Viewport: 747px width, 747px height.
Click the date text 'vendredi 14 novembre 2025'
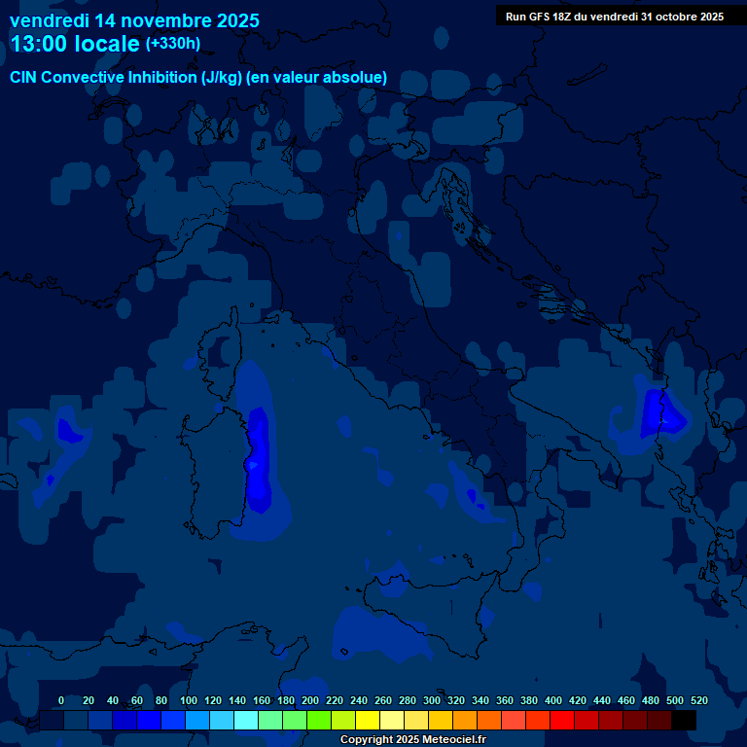pos(134,20)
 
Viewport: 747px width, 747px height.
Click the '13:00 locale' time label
pos(75,44)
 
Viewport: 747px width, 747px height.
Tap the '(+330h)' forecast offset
pos(173,43)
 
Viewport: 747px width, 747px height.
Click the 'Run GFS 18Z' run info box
pos(615,16)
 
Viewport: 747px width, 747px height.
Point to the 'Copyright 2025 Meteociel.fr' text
pos(412,739)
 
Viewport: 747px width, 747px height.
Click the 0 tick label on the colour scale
pos(61,700)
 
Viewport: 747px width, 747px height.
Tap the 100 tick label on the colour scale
pos(189,700)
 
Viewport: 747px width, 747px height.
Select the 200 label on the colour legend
pos(310,700)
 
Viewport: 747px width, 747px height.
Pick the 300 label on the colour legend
pos(432,700)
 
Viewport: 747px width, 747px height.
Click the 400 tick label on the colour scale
pos(553,700)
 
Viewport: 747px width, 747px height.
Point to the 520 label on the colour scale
pos(698,700)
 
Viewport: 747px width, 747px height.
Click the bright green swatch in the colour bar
pos(319,720)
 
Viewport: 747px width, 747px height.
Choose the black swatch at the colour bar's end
pos(684,720)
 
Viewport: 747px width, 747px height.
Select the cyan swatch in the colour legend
pos(246,720)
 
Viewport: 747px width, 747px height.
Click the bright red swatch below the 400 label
pos(562,720)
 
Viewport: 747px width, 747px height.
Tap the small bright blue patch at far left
pos(66,428)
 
